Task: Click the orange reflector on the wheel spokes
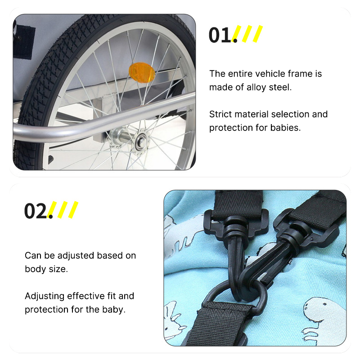[142, 72]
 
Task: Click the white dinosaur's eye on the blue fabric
[324, 304]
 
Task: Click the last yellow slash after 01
[258, 34]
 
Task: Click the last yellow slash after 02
[73, 210]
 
